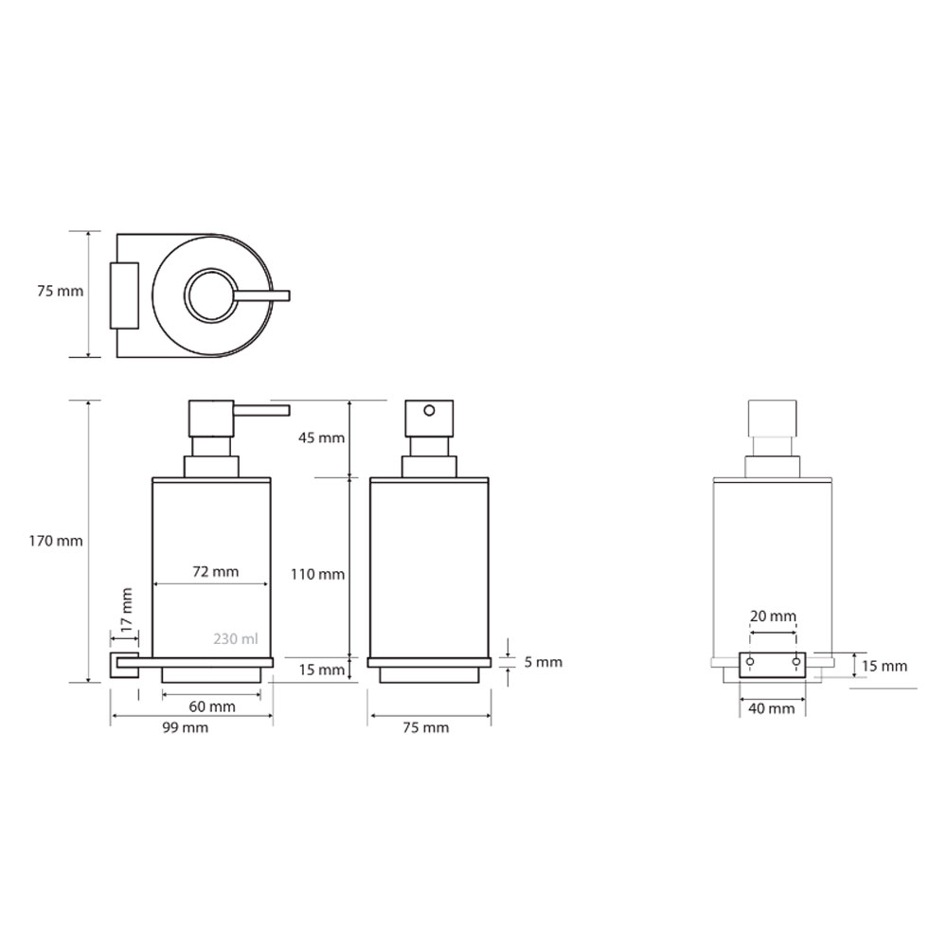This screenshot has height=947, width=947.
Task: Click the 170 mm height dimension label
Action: coord(56,541)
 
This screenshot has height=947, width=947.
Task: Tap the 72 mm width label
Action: coord(216,571)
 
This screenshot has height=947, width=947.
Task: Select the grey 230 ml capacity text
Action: coord(236,639)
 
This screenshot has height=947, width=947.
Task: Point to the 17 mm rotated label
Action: coord(126,609)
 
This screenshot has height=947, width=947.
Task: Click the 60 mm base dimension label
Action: coord(212,706)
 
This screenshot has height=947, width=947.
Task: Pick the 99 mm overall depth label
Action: coord(186,727)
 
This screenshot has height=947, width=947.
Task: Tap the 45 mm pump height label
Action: coord(321,438)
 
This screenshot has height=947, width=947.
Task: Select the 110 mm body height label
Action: coord(317,575)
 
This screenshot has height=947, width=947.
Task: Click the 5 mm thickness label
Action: coord(543,663)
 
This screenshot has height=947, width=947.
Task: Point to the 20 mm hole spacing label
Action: coord(773,616)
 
